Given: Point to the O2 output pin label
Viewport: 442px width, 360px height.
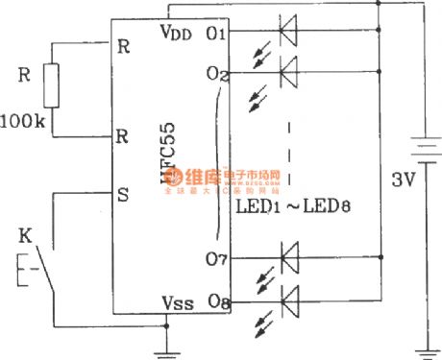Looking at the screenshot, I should click(x=216, y=73).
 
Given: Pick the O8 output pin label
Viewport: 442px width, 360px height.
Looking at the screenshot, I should click(x=216, y=300).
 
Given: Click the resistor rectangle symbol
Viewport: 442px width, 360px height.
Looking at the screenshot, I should click(x=53, y=85).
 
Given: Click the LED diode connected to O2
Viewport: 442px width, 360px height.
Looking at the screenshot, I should click(x=287, y=68).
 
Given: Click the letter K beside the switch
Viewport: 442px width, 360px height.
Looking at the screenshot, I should click(x=26, y=234).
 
